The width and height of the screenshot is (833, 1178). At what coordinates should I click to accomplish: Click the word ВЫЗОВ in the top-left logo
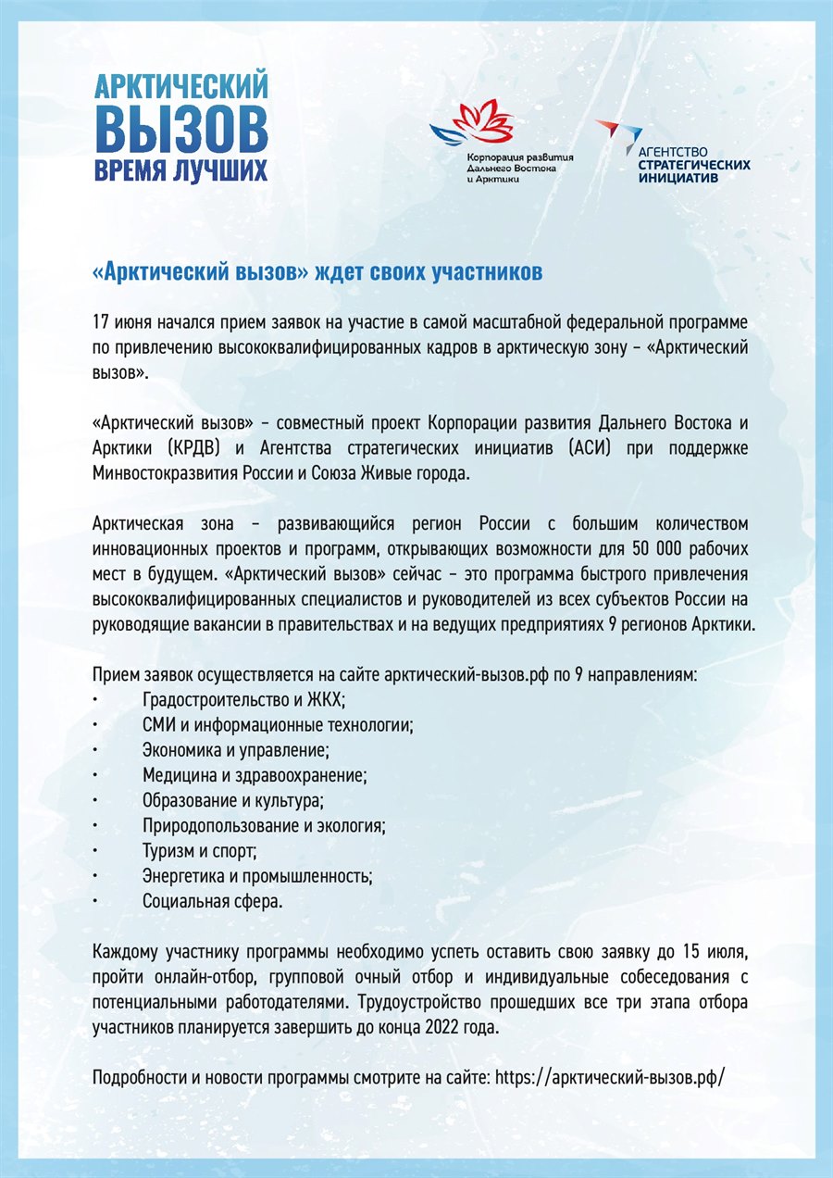click(181, 128)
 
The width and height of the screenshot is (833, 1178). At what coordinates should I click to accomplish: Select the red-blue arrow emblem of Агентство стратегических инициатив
click(612, 135)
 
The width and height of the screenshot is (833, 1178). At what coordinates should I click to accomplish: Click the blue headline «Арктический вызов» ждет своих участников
click(317, 273)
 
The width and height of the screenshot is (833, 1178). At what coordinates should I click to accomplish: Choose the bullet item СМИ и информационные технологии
click(278, 725)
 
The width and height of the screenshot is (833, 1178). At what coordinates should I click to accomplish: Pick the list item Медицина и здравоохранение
click(255, 775)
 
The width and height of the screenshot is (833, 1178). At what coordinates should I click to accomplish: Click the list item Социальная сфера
click(213, 900)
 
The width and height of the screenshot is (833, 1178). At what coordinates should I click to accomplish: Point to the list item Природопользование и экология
click(264, 825)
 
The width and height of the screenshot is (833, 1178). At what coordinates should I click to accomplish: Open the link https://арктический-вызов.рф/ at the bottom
click(610, 1078)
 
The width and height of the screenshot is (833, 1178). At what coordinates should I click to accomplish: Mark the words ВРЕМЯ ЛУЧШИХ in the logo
click(181, 170)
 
